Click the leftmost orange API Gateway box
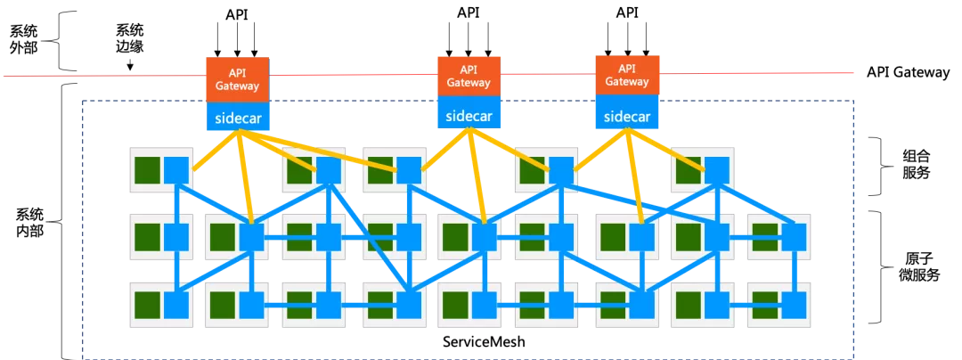(x=237, y=80)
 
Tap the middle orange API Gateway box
(x=469, y=76)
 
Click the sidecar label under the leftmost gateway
(x=237, y=117)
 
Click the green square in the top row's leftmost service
(x=147, y=168)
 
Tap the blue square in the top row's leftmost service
(x=176, y=169)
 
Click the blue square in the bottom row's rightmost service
(x=794, y=306)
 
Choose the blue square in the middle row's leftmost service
(x=176, y=237)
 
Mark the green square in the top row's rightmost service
(x=687, y=168)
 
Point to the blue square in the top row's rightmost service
(x=717, y=169)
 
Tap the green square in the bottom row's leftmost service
(x=147, y=304)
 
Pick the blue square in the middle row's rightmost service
(x=794, y=237)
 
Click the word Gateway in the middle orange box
(x=469, y=83)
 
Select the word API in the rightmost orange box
(x=627, y=69)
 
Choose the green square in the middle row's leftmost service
(x=147, y=236)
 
